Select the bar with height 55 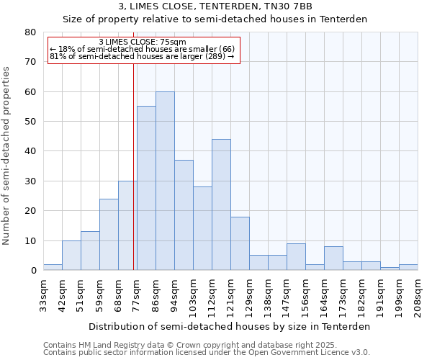(x=146, y=188)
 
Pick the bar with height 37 (x=184, y=215)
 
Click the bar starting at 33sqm (x=53, y=267)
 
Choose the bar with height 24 (x=109, y=235)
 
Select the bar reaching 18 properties (x=240, y=243)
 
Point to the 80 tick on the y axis (x=30, y=32)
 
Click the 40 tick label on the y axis (x=30, y=151)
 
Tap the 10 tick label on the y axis (x=30, y=240)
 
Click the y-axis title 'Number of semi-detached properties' (x=6, y=156)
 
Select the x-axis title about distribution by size (x=230, y=326)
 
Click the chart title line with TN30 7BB (x=215, y=6)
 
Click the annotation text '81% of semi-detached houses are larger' (x=142, y=56)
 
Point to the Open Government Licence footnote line (x=207, y=352)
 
